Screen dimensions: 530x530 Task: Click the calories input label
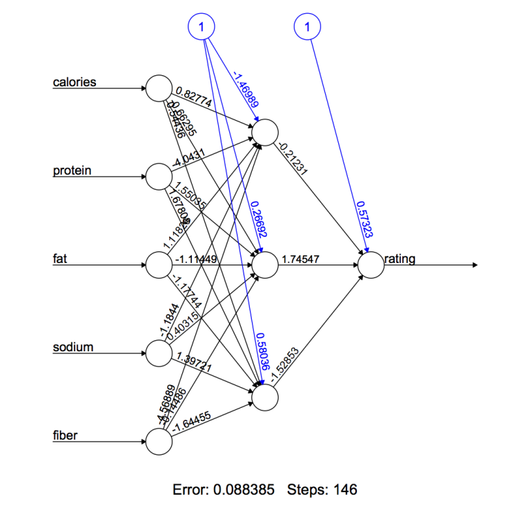pyautogui.click(x=75, y=83)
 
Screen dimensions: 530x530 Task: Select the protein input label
pyautogui.click(x=72, y=170)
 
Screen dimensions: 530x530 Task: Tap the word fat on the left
pyautogui.click(x=60, y=259)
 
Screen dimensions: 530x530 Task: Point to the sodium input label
pyautogui.click(x=73, y=347)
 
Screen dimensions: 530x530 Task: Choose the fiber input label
pyautogui.click(x=66, y=435)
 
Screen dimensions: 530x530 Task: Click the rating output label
pyautogui.click(x=400, y=259)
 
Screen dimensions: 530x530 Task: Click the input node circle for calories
pyautogui.click(x=158, y=88)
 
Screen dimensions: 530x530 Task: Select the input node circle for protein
pyautogui.click(x=158, y=177)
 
